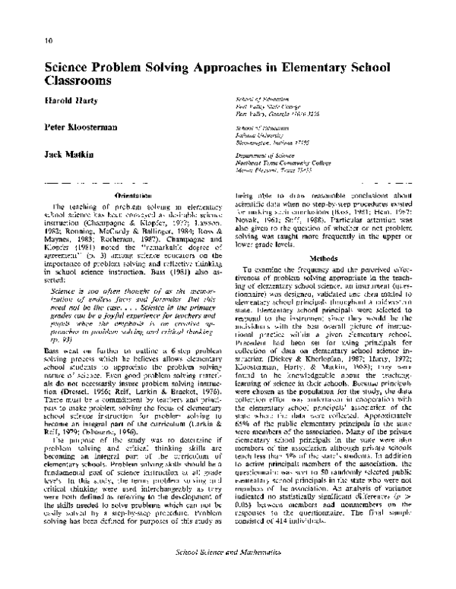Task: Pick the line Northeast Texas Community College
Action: [282, 161]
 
